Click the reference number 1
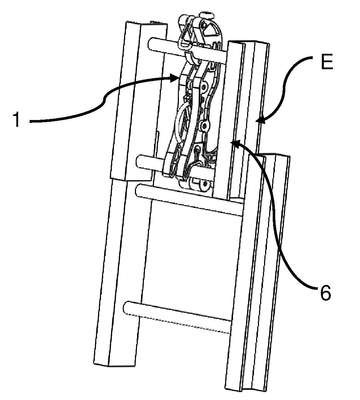(16, 120)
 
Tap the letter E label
(327, 63)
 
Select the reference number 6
(325, 293)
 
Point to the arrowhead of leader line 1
(174, 79)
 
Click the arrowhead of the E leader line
(261, 119)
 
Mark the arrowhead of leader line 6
(235, 143)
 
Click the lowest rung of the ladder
(177, 317)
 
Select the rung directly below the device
(188, 199)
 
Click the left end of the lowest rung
(127, 308)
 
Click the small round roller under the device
(200, 184)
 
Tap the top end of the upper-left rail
(145, 24)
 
